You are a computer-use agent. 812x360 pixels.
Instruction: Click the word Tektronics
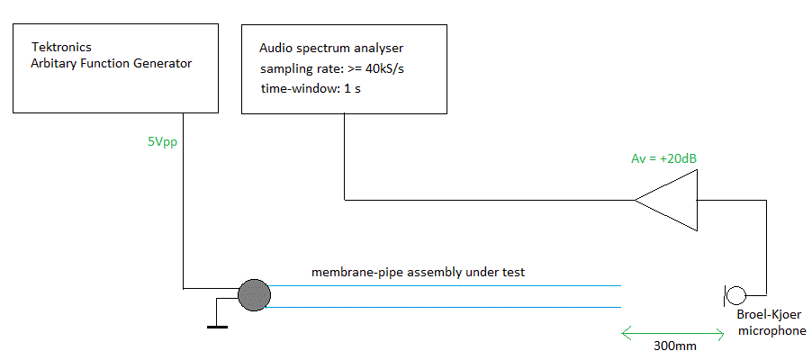pos(61,47)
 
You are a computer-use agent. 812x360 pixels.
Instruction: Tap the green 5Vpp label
pos(163,142)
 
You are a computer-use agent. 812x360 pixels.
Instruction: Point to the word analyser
pos(380,49)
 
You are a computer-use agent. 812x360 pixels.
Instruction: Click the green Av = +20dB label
pos(663,159)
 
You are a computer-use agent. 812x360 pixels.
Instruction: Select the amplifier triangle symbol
pos(667,200)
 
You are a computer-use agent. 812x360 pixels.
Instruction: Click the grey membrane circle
pos(254,294)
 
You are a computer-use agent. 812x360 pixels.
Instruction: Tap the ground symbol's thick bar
pos(217,327)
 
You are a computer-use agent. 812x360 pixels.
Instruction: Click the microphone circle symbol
pos(735,296)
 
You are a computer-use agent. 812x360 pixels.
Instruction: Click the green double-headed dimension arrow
pos(672,334)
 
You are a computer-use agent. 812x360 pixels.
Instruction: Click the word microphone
pos(772,331)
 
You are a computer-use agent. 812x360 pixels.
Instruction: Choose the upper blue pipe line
pos(443,286)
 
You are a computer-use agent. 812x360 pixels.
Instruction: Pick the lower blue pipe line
pos(443,308)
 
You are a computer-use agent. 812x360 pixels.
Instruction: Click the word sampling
pos(281,69)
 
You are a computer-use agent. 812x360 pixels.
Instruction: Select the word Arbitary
pos(52,64)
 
